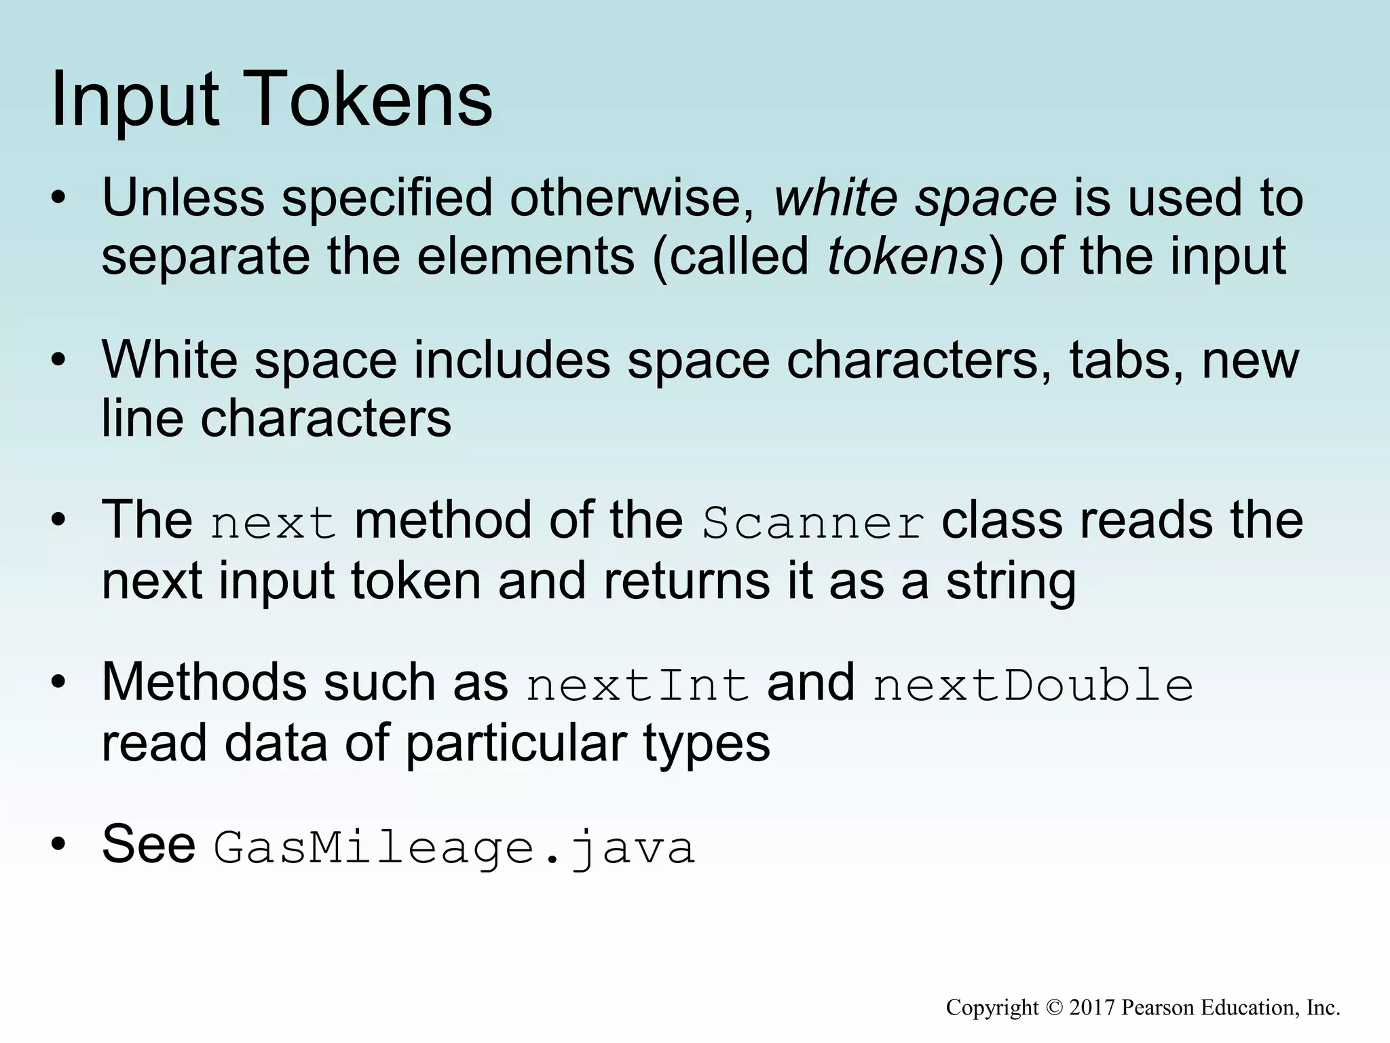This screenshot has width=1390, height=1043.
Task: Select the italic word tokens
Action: point(907,257)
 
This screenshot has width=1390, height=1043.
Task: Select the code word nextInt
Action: point(637,685)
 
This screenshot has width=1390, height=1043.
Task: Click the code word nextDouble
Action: point(1032,685)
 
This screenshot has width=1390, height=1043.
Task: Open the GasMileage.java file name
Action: point(454,848)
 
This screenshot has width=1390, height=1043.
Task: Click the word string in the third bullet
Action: point(1011,582)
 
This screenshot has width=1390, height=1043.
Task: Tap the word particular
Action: point(516,744)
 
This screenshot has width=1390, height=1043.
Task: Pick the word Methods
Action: point(204,682)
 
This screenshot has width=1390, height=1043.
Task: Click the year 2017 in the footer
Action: point(1092,1007)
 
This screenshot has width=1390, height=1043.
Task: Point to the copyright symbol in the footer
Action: point(1053,1008)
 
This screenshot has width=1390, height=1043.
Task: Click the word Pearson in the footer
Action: point(1159,1007)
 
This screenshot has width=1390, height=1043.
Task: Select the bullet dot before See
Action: point(59,845)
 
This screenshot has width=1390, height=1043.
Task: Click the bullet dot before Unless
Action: point(59,198)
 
